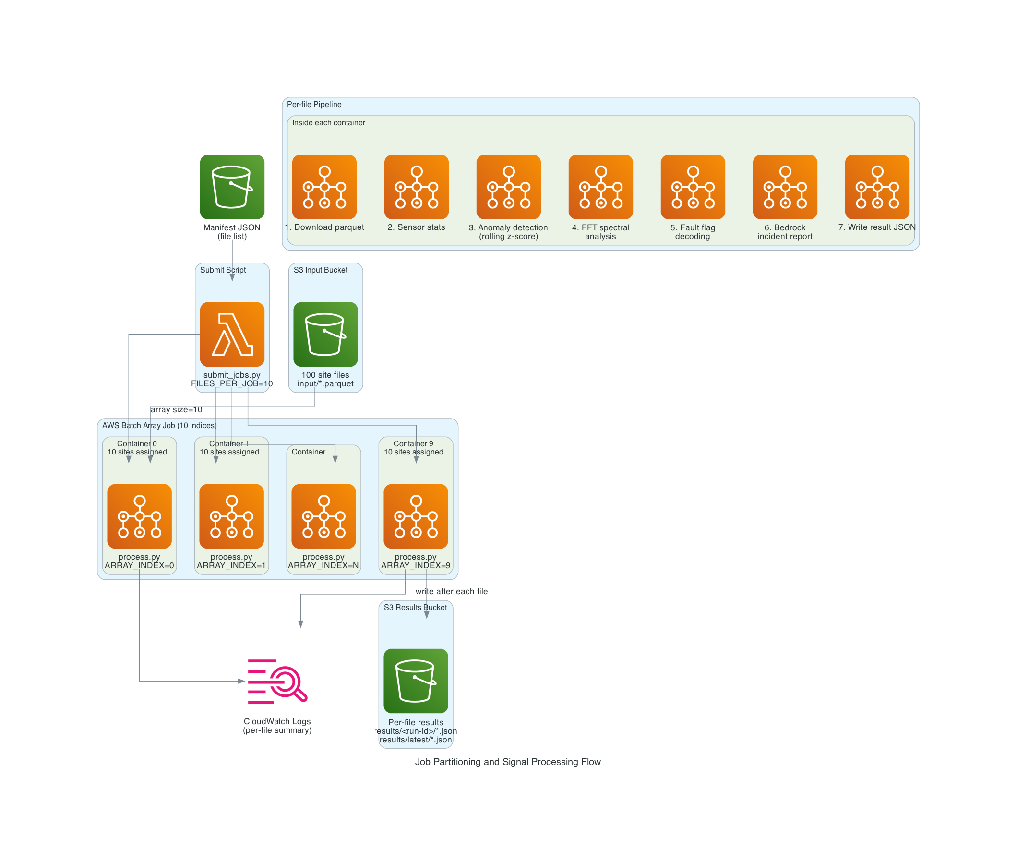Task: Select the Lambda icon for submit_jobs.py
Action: pos(232,334)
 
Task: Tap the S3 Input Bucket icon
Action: pos(325,334)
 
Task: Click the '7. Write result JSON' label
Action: pos(876,227)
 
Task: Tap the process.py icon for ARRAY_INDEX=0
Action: pos(139,516)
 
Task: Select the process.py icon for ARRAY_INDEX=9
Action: pos(415,516)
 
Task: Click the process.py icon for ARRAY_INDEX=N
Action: pos(323,516)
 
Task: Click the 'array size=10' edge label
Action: pos(176,409)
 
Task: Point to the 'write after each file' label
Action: pos(452,591)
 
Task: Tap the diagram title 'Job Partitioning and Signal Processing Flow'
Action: pos(507,762)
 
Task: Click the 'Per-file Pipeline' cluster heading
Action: pos(314,105)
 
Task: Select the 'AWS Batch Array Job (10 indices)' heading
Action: pos(159,425)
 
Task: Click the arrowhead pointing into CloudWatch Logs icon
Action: pos(241,681)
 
